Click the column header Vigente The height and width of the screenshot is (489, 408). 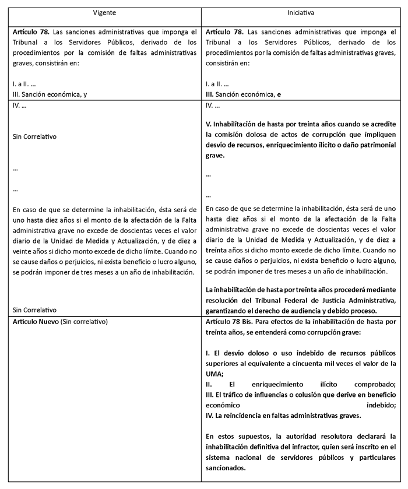(105, 12)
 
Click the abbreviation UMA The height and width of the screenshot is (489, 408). (214, 374)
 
